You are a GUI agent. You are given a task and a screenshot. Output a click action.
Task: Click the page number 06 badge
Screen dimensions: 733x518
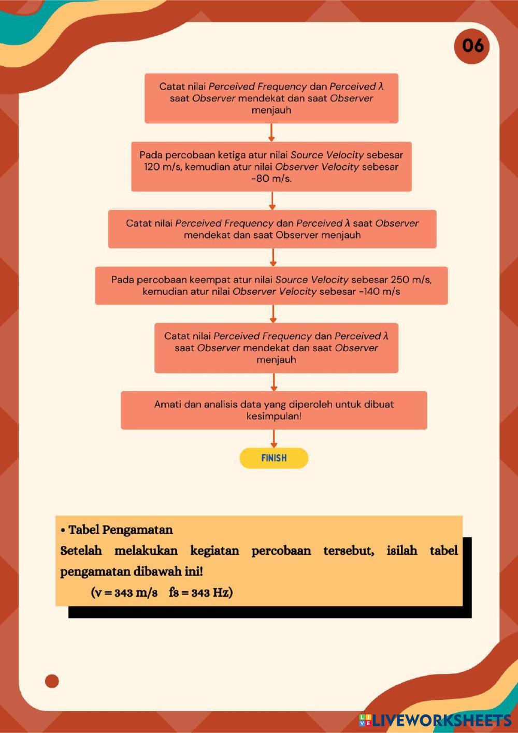(472, 46)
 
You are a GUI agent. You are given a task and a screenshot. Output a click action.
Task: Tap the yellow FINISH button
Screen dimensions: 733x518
(274, 458)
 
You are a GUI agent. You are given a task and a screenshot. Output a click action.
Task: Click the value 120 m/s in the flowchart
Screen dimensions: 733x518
(163, 167)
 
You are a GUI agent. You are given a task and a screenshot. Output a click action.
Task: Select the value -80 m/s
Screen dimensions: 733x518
(271, 179)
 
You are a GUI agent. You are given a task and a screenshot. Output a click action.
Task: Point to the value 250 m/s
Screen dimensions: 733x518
(411, 280)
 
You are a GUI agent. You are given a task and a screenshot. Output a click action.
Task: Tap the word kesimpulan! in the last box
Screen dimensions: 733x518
(274, 416)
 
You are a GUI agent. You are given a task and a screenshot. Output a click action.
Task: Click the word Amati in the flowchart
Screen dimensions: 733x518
(167, 405)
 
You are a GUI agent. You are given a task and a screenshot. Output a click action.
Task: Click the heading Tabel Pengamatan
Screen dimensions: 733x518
(120, 530)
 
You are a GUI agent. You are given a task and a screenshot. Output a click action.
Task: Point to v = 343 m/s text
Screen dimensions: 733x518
(124, 593)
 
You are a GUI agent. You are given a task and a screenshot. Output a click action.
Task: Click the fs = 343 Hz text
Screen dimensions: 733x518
(200, 593)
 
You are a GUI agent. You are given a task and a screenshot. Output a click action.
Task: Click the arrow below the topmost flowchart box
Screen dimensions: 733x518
(271, 133)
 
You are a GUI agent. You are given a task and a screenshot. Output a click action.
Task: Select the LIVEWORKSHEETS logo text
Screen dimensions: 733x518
(440, 720)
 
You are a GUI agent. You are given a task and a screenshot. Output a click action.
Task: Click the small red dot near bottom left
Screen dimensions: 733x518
(52, 681)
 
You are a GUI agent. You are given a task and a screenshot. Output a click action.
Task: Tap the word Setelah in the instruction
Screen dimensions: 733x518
(81, 551)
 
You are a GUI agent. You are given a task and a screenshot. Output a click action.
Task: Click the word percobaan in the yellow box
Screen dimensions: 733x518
(281, 551)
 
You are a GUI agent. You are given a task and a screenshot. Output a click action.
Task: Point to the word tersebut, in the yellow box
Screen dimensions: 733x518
(349, 551)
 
